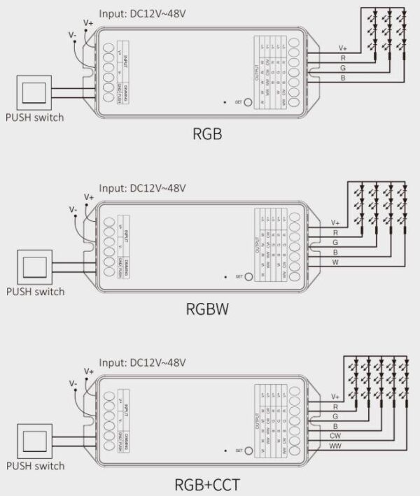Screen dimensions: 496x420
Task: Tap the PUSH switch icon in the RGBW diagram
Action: click(34, 267)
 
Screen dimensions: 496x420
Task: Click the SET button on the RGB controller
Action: click(247, 101)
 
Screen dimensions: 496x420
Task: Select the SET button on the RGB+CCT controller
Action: click(247, 450)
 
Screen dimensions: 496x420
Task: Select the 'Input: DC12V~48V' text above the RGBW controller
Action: click(142, 188)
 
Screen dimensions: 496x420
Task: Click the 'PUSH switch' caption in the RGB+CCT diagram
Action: click(35, 465)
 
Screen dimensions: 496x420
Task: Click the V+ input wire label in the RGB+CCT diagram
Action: click(88, 371)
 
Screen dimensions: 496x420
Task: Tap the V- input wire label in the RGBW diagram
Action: click(73, 208)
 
